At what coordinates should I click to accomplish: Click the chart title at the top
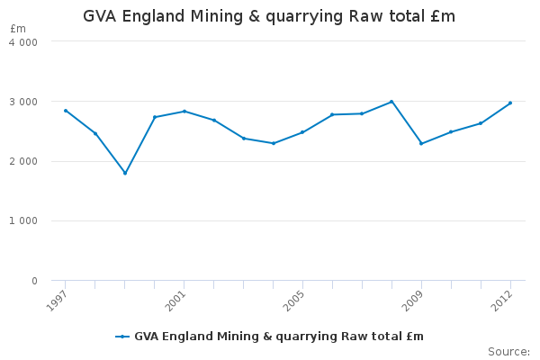point(269,16)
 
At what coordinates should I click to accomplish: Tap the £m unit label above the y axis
point(18,29)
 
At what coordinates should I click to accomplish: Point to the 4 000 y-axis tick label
point(23,42)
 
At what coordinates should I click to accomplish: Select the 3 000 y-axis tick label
point(23,102)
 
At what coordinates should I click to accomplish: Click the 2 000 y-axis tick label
point(23,161)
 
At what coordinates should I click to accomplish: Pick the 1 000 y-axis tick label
point(23,220)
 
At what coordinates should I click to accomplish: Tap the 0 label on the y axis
point(34,281)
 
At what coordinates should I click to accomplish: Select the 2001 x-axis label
point(175,301)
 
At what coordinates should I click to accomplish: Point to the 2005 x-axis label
point(293,301)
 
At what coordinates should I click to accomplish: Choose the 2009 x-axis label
point(412,301)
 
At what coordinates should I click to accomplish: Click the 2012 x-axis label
point(502,301)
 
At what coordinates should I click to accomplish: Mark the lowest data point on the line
point(125,173)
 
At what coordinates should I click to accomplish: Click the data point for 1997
point(66,111)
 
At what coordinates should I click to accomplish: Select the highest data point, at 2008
point(391,102)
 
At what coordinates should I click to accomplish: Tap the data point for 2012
point(510,103)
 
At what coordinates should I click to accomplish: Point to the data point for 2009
point(421,143)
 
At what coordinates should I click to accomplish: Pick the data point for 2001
point(184,112)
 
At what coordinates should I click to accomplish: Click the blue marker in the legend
point(122,337)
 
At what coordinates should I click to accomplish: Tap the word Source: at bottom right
point(508,352)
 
